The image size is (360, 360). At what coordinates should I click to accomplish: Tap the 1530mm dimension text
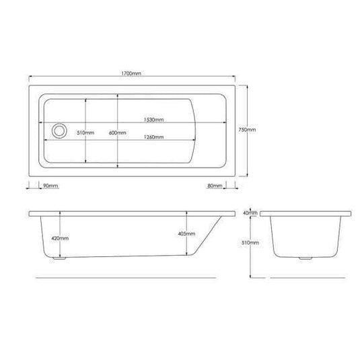tap(154, 120)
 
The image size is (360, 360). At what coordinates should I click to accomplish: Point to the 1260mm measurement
tap(154, 137)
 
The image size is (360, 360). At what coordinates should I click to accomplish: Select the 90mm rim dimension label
tap(49, 186)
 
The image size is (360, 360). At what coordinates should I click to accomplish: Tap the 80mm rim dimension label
tap(215, 186)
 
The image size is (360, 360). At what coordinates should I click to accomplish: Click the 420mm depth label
tap(60, 238)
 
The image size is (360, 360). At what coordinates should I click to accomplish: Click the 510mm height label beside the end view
tap(250, 242)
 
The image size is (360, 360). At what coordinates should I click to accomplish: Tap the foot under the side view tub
tap(61, 258)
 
